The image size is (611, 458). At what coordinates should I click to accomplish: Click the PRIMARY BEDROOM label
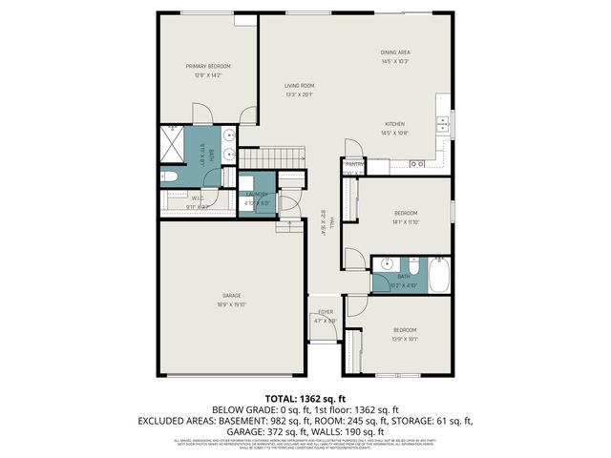point(208,66)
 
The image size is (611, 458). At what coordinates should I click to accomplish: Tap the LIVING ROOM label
point(299,86)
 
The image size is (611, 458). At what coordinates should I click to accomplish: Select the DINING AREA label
point(395,52)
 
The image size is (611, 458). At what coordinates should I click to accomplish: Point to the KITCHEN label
point(395,124)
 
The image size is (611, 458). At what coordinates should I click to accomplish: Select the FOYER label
point(326,312)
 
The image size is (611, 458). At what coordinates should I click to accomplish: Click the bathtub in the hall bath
point(439,276)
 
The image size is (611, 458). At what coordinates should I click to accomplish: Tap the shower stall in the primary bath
point(173,143)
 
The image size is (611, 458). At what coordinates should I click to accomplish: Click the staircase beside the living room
point(271,156)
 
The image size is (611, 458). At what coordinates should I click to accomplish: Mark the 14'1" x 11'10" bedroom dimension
point(405,221)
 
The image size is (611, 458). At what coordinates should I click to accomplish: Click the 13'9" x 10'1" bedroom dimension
point(405,339)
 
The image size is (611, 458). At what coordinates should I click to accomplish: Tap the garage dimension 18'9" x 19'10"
point(231,304)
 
